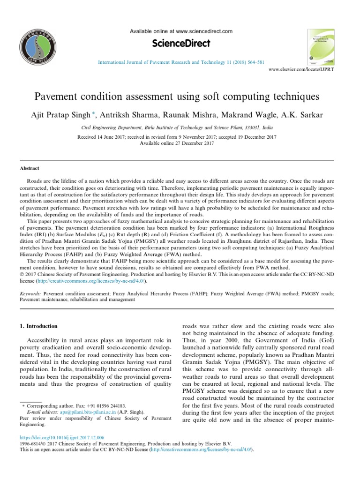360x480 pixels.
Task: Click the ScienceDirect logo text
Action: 181,44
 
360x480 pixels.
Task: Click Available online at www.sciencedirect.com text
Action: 180,31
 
